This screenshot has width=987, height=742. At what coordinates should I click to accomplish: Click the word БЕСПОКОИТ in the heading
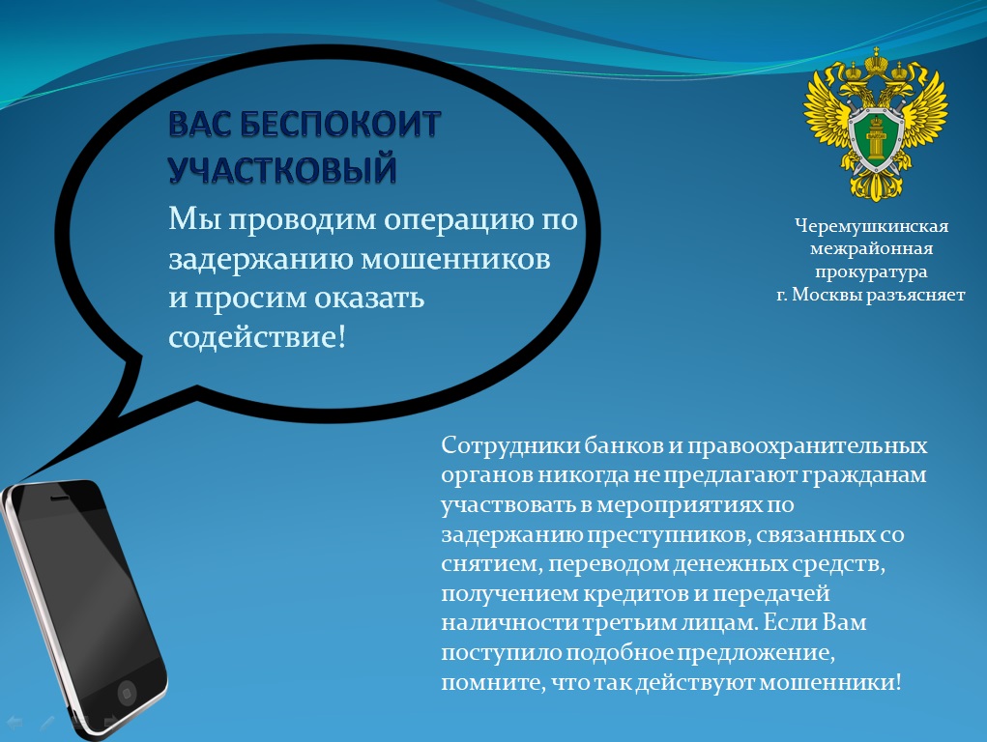340,124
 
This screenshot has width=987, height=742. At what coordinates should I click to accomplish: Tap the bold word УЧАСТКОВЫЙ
282,169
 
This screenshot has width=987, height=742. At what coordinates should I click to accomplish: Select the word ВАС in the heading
200,124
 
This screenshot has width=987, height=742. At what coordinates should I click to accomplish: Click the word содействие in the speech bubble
253,336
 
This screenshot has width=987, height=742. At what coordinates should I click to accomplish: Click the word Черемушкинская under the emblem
871,226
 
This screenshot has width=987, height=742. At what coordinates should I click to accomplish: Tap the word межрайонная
871,248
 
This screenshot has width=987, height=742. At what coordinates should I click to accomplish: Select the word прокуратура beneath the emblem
871,271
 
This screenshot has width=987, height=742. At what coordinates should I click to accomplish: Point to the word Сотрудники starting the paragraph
509,445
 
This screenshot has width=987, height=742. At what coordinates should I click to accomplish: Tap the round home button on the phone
127,693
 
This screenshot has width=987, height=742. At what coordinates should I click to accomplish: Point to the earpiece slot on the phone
59,498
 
